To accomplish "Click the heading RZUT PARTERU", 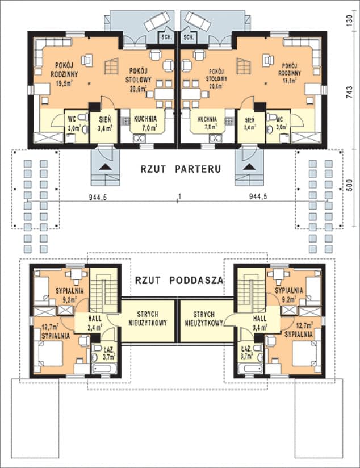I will pyautogui.click(x=180, y=169).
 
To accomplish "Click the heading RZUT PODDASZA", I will pyautogui.click(x=179, y=280).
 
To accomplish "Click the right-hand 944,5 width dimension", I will pyautogui.click(x=259, y=197).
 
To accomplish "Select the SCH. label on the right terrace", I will pyautogui.click(x=189, y=36).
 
